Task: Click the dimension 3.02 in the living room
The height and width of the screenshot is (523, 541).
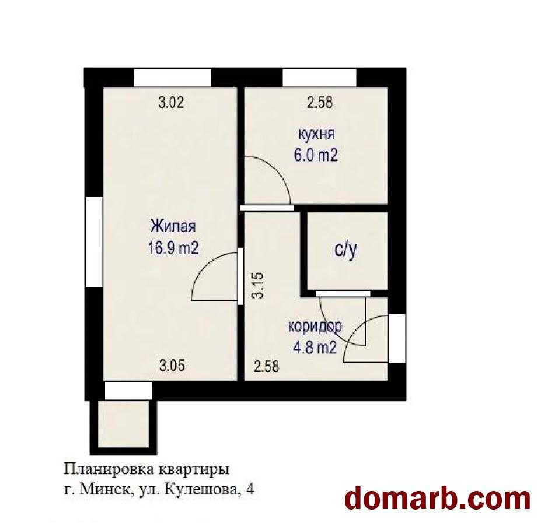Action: click(x=171, y=103)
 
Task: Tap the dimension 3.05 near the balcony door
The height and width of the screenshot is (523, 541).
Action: click(x=172, y=365)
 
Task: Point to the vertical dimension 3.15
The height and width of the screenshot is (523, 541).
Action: click(x=258, y=286)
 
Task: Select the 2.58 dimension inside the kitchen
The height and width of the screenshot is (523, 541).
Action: click(x=320, y=103)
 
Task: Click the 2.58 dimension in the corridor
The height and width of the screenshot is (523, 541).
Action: click(x=266, y=366)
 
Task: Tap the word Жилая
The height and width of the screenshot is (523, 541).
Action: click(x=173, y=226)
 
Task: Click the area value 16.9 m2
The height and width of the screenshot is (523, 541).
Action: click(x=173, y=248)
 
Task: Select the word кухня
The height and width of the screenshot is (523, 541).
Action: click(x=316, y=134)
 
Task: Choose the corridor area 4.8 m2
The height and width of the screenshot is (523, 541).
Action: click(x=315, y=348)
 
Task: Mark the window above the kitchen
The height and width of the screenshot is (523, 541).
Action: click(x=319, y=78)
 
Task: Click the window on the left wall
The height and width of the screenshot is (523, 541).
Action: click(x=94, y=242)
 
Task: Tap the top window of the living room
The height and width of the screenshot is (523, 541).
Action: click(x=172, y=78)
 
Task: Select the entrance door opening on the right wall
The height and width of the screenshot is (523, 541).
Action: click(x=397, y=338)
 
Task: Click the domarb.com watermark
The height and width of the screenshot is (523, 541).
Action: click(x=438, y=499)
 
